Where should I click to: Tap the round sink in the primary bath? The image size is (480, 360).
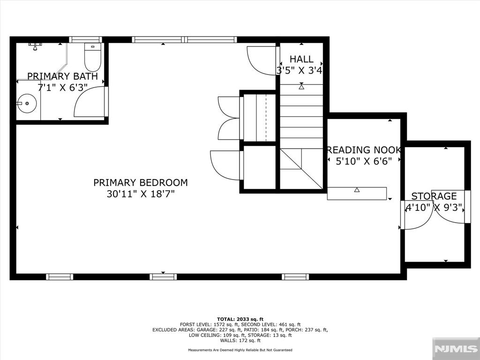[x=27, y=103]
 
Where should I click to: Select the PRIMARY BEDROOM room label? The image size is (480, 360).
[x=141, y=182]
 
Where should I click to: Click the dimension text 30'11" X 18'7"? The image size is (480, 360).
[x=141, y=194]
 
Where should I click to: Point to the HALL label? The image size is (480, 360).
[x=301, y=59]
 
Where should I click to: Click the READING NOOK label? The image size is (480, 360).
[x=364, y=150]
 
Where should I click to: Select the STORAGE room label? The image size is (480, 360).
[x=434, y=196]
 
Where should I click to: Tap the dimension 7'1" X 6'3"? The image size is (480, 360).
[x=62, y=88]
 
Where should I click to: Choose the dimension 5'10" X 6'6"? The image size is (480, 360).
[x=364, y=161]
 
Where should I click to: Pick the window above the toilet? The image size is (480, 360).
[x=85, y=39]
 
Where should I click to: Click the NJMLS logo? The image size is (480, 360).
[x=456, y=349]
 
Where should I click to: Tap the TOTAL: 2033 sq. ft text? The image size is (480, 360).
[x=240, y=319]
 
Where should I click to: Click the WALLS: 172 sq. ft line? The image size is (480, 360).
[x=240, y=341]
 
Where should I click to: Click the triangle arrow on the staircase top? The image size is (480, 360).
[x=301, y=87]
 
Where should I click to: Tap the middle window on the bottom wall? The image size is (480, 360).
[x=163, y=277]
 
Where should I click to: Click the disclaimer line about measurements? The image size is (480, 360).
[x=240, y=350]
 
